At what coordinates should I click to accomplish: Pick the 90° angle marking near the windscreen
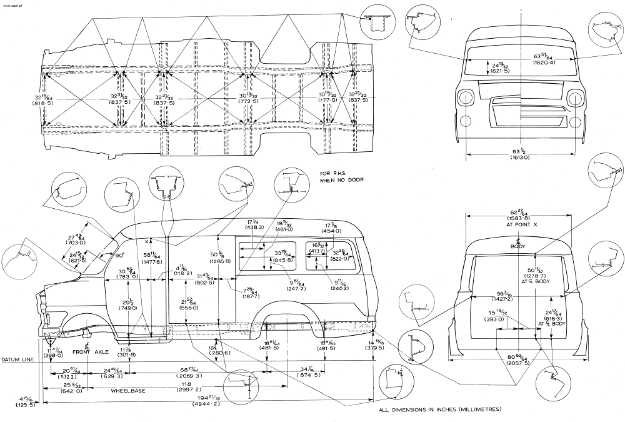[x=119, y=255]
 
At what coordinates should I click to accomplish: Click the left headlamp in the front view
[x=467, y=99]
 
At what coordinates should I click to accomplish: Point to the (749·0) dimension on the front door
[x=129, y=309]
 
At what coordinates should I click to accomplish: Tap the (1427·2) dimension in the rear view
[x=510, y=300]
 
